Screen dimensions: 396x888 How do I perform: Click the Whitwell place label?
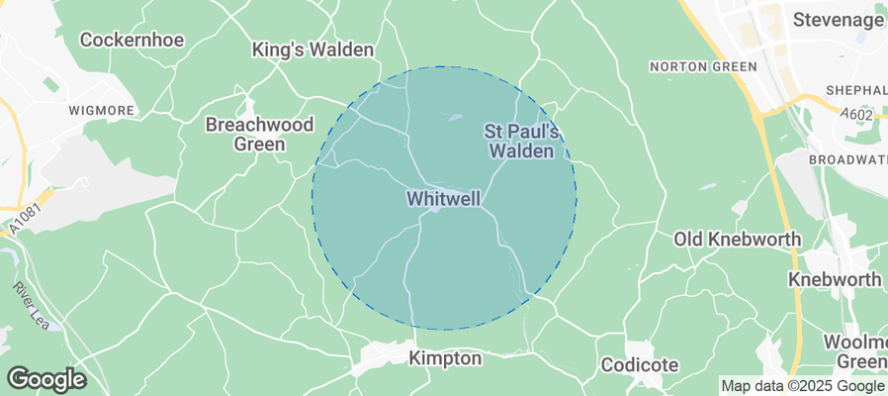[443, 199]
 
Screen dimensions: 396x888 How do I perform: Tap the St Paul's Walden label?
[523, 142]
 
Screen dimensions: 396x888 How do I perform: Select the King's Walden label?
[312, 49]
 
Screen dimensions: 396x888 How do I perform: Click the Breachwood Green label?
[259, 134]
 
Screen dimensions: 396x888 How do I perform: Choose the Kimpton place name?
[445, 358]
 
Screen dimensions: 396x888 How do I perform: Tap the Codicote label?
[640, 365]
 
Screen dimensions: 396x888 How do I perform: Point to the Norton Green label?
[702, 66]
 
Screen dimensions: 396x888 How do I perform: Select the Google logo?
[45, 378]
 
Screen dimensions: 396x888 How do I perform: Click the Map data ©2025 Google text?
[802, 386]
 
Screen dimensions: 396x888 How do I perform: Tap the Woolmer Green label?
[854, 351]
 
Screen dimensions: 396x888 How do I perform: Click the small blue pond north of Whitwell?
[454, 118]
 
